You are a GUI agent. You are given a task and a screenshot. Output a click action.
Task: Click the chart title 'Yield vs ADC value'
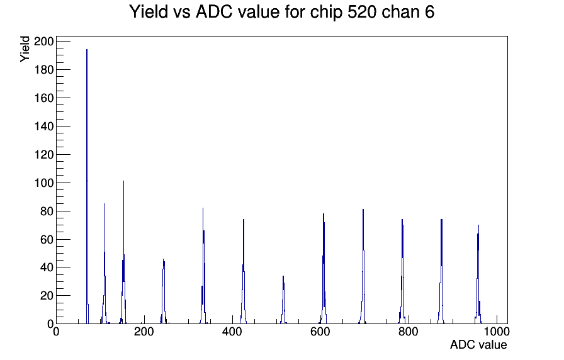[205, 11]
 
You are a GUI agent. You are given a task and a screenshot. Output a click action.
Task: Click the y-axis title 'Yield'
[25, 49]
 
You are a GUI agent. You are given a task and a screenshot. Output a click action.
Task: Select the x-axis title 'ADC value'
[478, 344]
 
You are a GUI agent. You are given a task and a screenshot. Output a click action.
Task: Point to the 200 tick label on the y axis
[43, 42]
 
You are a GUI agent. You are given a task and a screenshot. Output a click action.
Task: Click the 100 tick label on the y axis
[43, 183]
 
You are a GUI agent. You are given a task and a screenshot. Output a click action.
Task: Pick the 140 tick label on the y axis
[43, 127]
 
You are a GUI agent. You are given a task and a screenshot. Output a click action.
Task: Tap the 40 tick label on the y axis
[47, 267]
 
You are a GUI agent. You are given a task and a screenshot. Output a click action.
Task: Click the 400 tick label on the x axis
[232, 332]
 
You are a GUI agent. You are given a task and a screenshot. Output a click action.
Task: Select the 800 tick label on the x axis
[409, 332]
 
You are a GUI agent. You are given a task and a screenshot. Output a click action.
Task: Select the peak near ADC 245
[164, 292]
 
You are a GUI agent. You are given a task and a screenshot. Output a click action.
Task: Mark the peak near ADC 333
[203, 266]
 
